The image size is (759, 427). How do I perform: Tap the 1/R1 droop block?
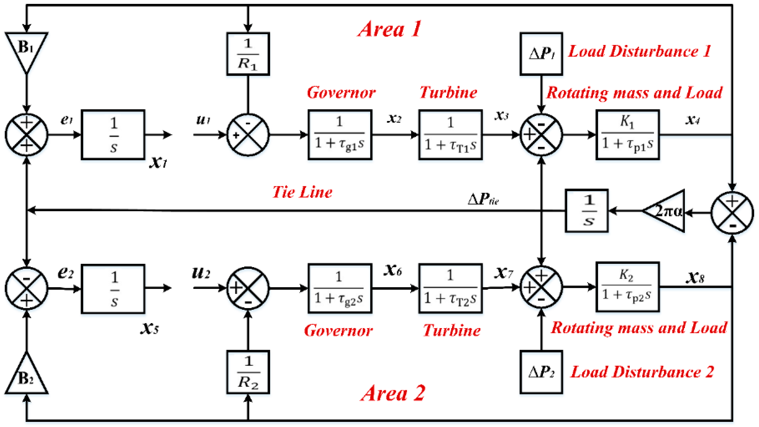pos(248,54)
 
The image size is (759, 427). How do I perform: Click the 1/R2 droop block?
pos(248,372)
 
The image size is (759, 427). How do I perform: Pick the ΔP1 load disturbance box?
pos(541,54)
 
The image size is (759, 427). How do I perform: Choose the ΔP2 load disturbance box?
pos(541,372)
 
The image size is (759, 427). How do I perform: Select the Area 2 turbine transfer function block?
pos(450,288)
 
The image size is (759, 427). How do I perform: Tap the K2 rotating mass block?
pos(627,287)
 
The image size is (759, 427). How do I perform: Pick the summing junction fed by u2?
pos(248,288)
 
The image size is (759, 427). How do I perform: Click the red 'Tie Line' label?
pos(302,192)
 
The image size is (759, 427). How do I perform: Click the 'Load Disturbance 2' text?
pos(642,372)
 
